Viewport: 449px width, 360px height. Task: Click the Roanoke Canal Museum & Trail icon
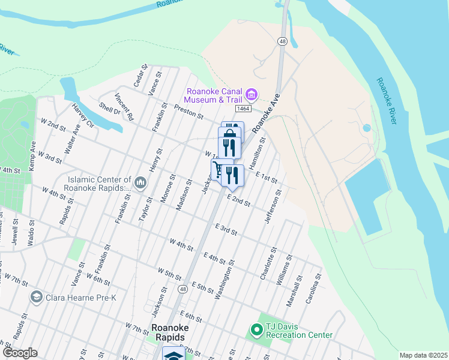[252, 94]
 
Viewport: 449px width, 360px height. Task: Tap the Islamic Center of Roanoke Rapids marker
[140, 182]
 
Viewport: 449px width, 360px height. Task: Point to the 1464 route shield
[243, 109]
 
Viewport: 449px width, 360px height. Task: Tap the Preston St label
[189, 112]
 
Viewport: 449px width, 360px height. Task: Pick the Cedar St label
[140, 75]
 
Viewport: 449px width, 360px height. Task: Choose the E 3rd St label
[226, 229]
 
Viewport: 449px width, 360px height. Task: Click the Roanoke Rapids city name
[171, 332]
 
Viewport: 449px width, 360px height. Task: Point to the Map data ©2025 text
[423, 355]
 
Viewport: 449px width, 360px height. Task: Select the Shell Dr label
[110, 107]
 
